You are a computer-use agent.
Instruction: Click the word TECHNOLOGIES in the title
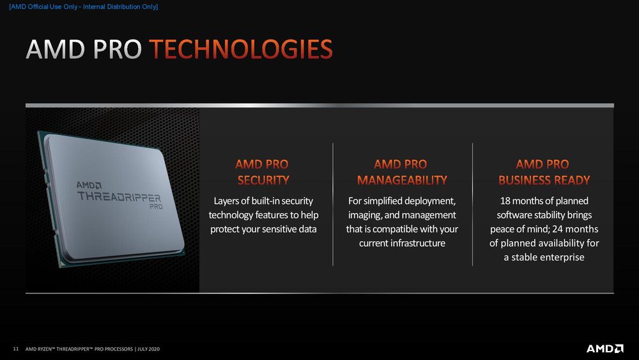tap(241, 49)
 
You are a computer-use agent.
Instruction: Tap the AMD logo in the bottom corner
tap(604, 348)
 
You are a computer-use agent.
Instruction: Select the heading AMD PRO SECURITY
tap(262, 172)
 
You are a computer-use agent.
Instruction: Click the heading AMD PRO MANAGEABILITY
tap(402, 172)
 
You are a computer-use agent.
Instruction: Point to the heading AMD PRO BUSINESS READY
tap(544, 172)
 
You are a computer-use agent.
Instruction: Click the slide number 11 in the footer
tap(16, 349)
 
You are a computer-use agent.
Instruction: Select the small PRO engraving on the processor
tap(156, 207)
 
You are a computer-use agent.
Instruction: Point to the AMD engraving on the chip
tap(89, 185)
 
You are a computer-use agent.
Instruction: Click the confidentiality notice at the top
tap(84, 7)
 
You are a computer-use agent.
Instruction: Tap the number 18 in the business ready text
tap(505, 201)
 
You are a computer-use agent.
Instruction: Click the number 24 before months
tap(557, 229)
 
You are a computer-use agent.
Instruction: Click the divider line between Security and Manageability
tap(333, 204)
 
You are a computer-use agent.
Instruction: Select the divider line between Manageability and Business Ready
tap(472, 204)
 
